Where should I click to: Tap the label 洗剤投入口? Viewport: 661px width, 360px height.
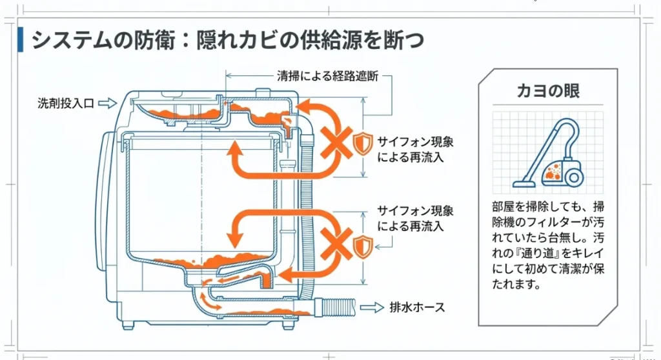(x=65, y=103)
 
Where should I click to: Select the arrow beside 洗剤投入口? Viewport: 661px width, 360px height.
(x=107, y=103)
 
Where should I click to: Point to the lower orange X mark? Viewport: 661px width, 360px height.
(x=335, y=243)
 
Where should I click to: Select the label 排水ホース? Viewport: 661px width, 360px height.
(x=417, y=307)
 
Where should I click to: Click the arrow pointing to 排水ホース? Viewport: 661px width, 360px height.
(x=371, y=307)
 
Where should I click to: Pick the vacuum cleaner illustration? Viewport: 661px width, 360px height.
(x=549, y=152)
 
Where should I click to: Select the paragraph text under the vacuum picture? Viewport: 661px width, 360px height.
(x=548, y=245)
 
